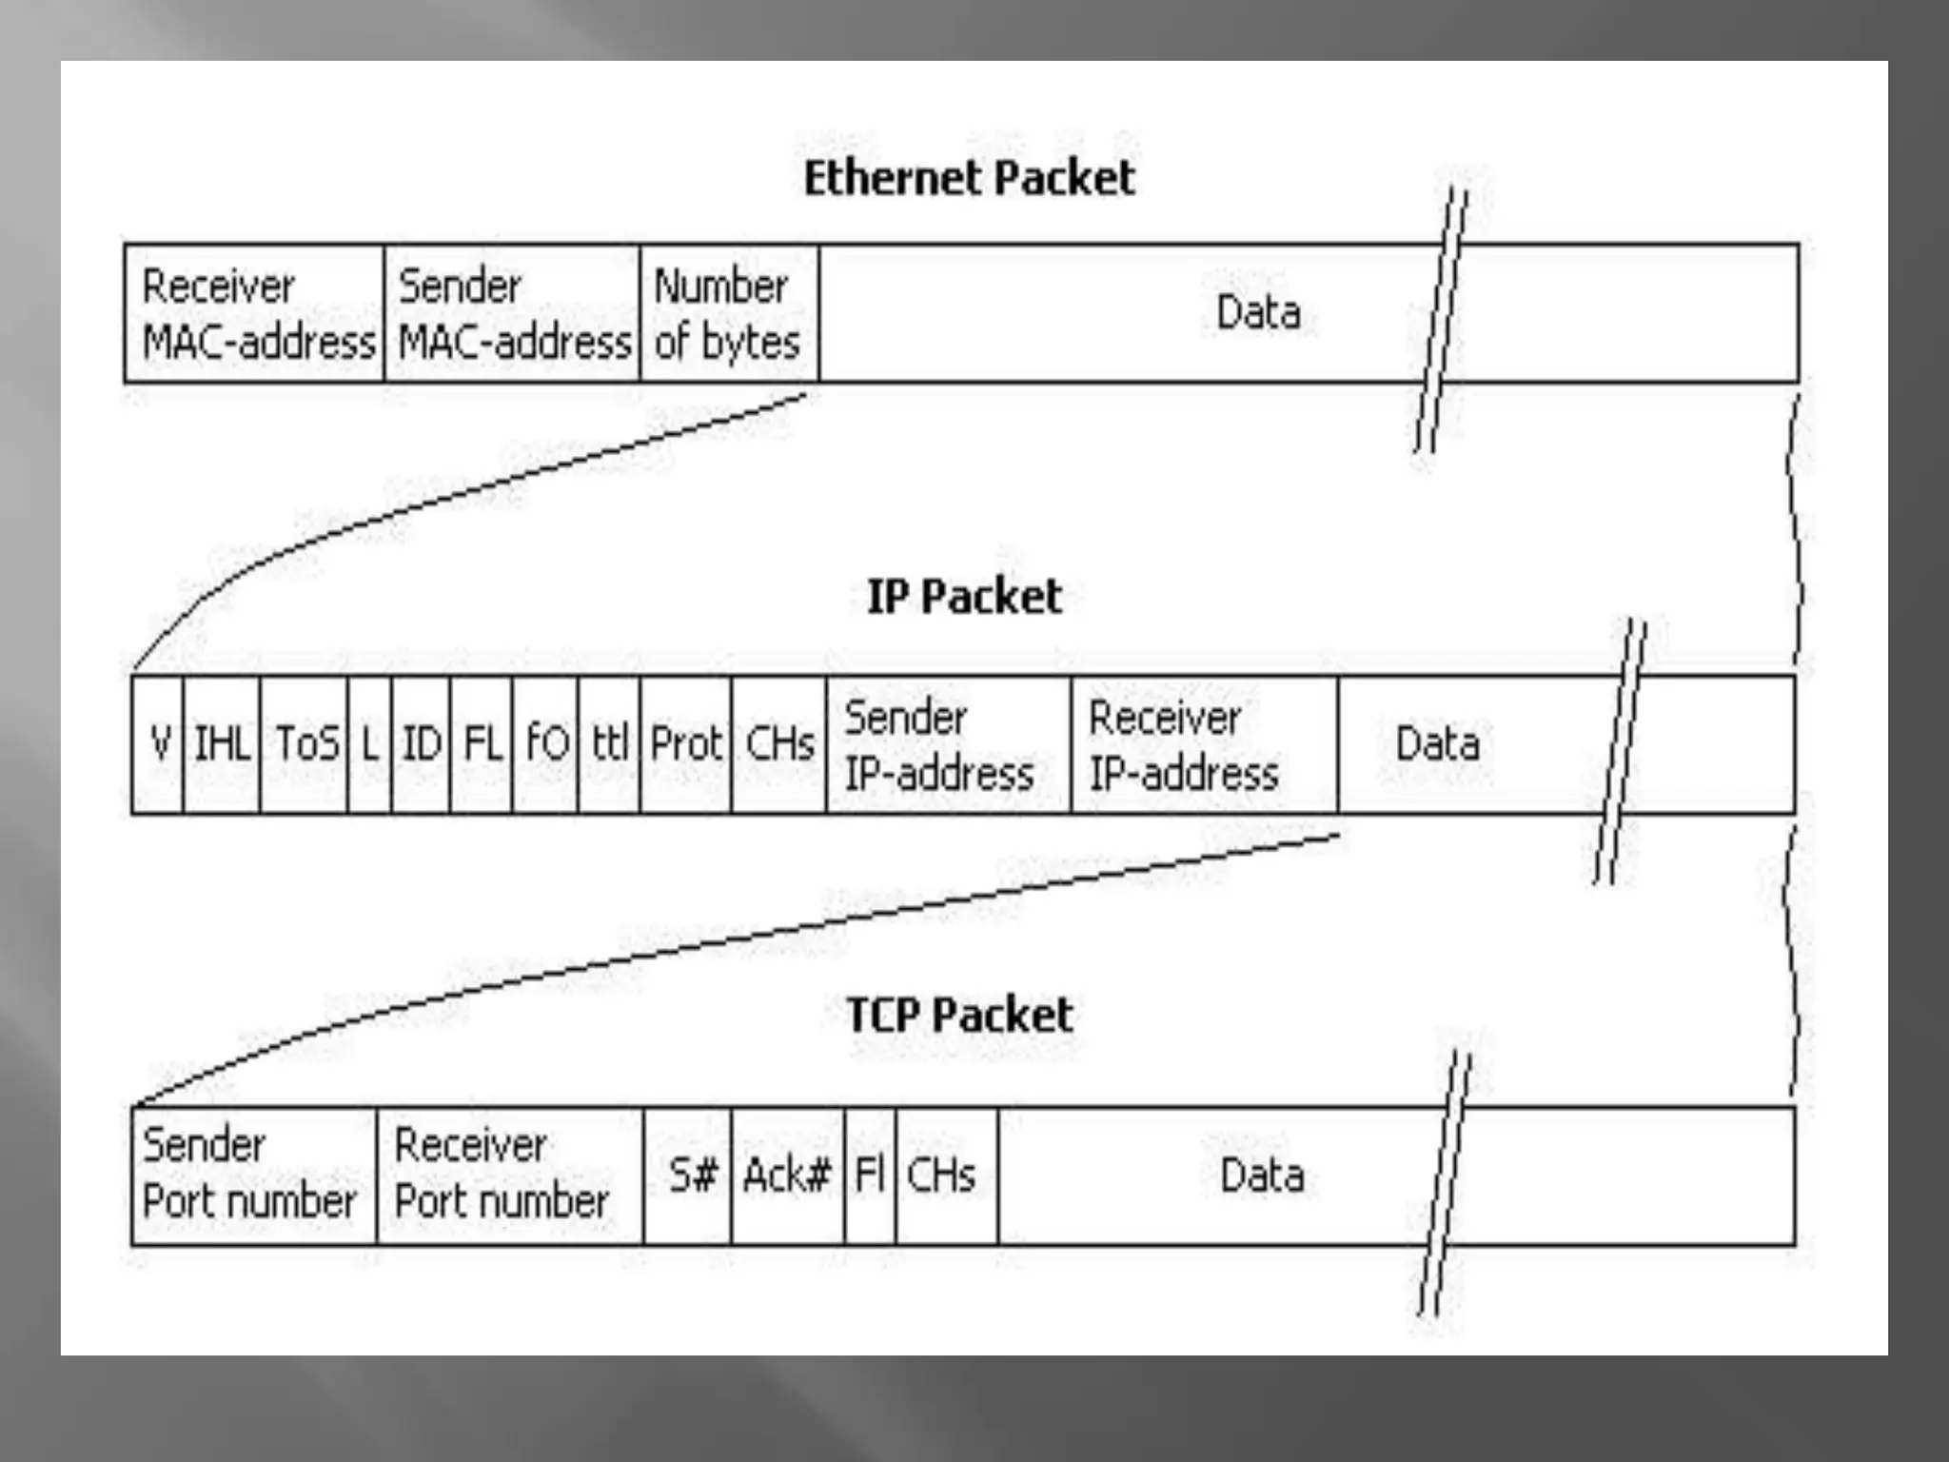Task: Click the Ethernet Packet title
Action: (969, 178)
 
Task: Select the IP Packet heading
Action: (964, 597)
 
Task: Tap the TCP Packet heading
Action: (959, 1015)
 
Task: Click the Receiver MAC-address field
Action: (255, 314)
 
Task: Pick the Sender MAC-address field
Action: (513, 314)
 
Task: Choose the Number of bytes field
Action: (729, 314)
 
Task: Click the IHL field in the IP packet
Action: (222, 744)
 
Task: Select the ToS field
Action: (305, 744)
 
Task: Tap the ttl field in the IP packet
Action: (609, 744)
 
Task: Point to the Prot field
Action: (686, 744)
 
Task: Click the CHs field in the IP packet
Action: (779, 744)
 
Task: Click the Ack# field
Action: (788, 1175)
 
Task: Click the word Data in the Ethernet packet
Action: (1259, 313)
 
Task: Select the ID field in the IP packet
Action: (421, 744)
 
